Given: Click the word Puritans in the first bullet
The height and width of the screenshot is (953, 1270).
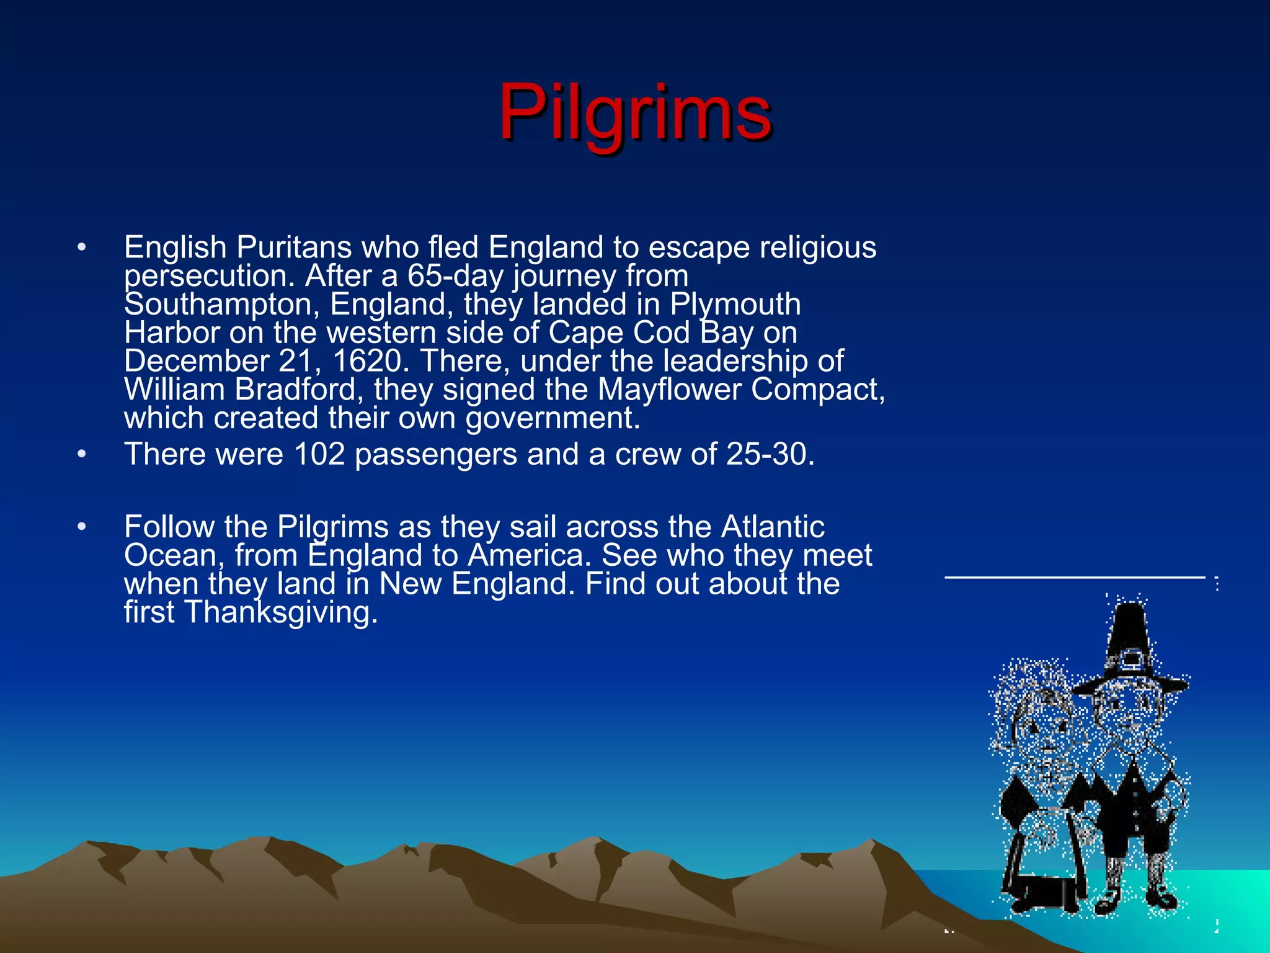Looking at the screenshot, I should pos(294,248).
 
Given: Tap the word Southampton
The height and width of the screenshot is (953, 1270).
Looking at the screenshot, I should pos(221,305).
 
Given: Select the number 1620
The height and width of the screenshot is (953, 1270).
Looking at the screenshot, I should pos(368,361).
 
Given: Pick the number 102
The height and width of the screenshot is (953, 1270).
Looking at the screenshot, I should pos(319,454).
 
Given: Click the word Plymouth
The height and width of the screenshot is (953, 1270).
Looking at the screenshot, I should pos(735,305).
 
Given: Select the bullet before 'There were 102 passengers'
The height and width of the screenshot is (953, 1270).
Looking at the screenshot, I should pos(81,455).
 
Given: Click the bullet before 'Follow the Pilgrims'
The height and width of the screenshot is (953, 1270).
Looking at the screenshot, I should pos(81,527).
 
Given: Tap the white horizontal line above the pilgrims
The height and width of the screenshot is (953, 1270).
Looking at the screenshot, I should pos(1074,578).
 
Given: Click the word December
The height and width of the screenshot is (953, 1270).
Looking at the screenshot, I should pos(196,361).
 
